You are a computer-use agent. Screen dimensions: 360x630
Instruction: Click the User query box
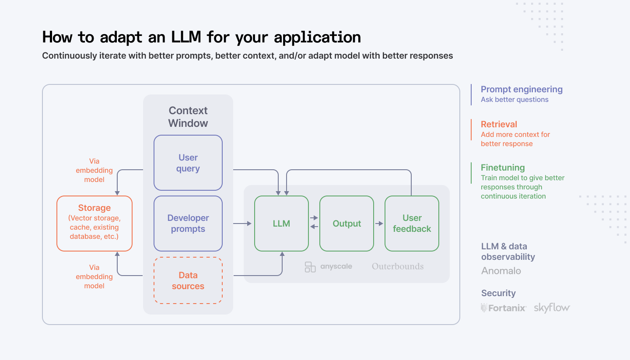tap(188, 163)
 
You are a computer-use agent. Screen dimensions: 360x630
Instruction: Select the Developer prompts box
tap(188, 223)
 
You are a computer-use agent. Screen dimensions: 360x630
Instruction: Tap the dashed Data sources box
tap(188, 280)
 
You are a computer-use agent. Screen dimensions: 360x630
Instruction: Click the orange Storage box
tap(94, 223)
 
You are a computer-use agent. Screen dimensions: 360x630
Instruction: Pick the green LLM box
tap(281, 224)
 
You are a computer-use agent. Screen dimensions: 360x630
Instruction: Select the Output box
tap(346, 224)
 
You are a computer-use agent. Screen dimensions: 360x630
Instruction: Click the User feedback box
tap(412, 224)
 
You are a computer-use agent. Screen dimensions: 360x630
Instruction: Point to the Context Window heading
tap(188, 117)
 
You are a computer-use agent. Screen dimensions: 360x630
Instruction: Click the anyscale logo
tap(329, 266)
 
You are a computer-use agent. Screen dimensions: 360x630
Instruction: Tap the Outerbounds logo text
tap(398, 266)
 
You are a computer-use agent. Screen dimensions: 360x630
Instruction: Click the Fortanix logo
tap(504, 308)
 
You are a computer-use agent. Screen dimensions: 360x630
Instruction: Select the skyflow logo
tap(552, 308)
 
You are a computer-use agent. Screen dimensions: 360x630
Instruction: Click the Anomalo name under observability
tap(501, 271)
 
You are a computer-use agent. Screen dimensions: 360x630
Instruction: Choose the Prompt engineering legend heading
tap(521, 89)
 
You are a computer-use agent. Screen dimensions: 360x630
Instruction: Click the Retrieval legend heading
tap(499, 124)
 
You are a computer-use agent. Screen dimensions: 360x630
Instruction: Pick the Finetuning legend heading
tap(503, 168)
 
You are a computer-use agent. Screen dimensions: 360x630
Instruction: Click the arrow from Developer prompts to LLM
tap(242, 224)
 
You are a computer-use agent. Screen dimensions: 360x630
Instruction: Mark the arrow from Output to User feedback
tap(379, 224)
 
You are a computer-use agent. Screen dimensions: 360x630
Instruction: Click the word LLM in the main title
tap(184, 38)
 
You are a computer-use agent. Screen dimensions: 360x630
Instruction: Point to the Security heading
tap(498, 293)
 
